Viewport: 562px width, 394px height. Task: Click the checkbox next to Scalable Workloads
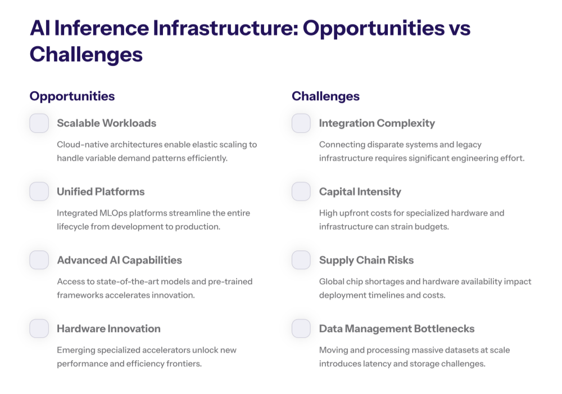39,123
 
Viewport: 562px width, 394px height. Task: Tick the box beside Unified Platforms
39,191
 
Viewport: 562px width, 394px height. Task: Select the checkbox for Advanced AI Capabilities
39,260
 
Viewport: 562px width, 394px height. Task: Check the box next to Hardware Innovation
39,328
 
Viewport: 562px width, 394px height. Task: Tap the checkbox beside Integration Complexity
301,123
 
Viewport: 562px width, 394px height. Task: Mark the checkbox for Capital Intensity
301,191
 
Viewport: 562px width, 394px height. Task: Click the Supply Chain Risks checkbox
301,260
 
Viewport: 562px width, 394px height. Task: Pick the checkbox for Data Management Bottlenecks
301,328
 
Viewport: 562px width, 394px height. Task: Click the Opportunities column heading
72,96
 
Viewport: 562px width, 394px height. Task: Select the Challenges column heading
325,96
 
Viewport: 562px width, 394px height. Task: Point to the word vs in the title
459,28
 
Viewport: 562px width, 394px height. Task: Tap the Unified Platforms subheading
101,192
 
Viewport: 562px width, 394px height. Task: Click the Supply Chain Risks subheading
366,260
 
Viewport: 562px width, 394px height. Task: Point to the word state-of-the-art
119,281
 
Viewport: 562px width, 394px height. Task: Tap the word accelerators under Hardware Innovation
168,350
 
